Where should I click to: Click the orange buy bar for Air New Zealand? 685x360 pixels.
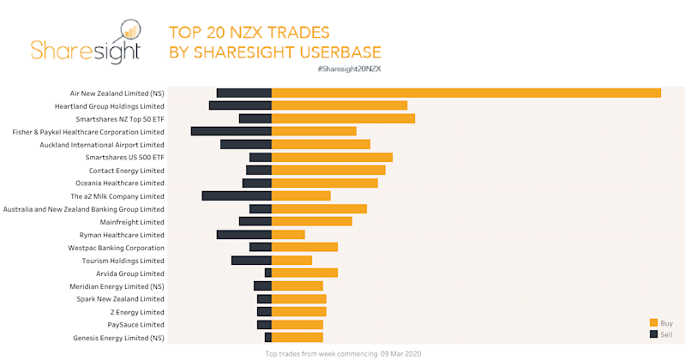coord(466,93)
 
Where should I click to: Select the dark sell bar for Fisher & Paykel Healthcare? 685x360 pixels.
coord(231,131)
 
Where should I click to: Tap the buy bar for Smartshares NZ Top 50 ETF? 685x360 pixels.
coord(343,118)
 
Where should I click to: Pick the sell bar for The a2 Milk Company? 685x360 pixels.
coord(237,195)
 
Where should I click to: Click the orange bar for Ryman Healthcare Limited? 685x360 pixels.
coord(288,234)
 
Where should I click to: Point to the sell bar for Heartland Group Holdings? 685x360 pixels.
coord(240,105)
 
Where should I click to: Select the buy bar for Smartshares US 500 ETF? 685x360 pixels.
coord(332,157)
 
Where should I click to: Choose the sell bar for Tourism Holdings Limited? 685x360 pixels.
coord(251,260)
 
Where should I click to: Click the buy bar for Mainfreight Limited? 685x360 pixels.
coord(311,221)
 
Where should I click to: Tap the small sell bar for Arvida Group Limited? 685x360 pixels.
coord(267,273)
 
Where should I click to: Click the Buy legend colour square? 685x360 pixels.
coord(653,322)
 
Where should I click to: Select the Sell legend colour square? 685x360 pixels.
coord(653,333)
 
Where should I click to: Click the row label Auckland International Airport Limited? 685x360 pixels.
coord(102,145)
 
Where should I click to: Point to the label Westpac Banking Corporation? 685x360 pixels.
coord(116,248)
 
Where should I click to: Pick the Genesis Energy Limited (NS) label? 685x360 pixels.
coord(118,338)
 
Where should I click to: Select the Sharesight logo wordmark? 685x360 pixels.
coord(71,50)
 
